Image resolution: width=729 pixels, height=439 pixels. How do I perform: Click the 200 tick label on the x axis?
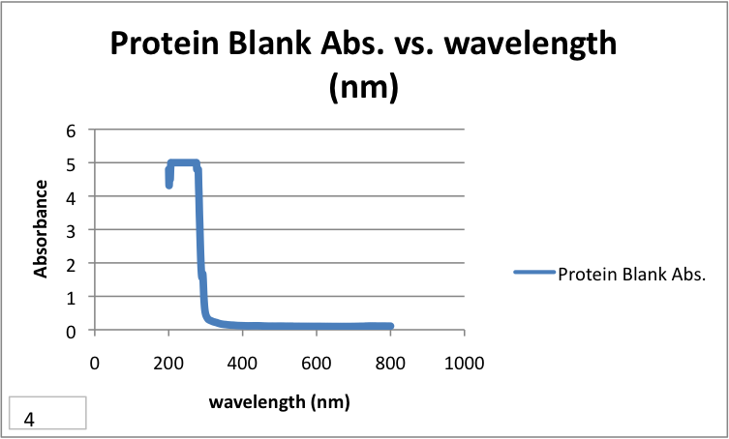pos(168,364)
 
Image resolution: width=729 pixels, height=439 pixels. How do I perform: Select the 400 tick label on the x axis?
pos(242,364)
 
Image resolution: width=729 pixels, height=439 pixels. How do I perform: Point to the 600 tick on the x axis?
pos(317,364)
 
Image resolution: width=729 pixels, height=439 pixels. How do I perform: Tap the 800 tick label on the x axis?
pos(390,364)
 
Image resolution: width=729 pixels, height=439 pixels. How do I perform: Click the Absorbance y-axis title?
pos(42,229)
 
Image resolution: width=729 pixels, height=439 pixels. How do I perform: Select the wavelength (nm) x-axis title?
pos(280,401)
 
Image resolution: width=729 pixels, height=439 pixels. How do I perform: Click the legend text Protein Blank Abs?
pos(631,273)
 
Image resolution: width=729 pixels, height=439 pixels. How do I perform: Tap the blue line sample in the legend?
pos(533,273)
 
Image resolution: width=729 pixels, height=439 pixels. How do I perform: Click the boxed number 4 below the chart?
pos(30,420)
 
